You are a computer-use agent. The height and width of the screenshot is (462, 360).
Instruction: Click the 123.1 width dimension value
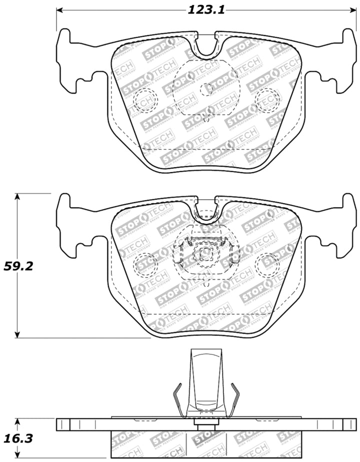(205, 10)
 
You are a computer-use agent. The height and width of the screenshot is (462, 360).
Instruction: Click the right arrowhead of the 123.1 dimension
(350, 10)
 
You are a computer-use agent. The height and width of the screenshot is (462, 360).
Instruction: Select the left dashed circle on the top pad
(144, 100)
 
